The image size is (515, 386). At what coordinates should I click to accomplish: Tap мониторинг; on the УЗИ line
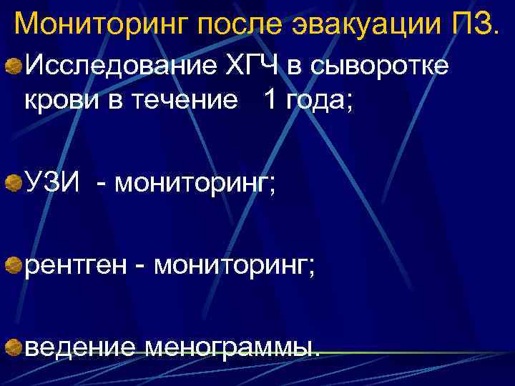click(193, 184)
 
